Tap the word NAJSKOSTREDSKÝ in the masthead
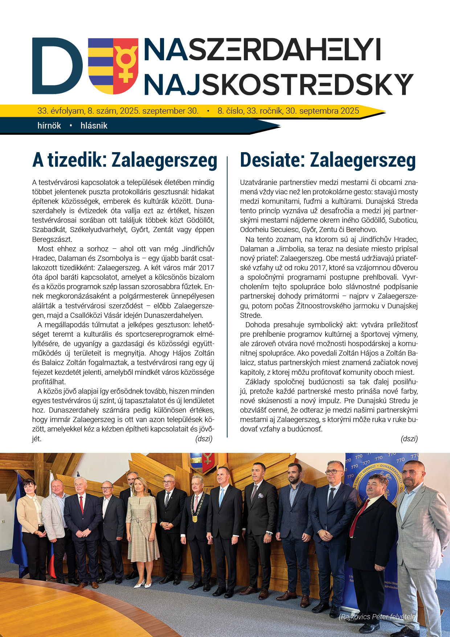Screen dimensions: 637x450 [278, 85]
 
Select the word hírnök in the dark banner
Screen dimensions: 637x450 [49, 126]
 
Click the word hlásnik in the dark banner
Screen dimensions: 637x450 [94, 126]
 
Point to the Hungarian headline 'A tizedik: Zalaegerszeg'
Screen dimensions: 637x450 [124, 160]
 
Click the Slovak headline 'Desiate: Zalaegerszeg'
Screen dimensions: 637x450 [328, 160]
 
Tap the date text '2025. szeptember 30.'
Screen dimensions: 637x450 [159, 111]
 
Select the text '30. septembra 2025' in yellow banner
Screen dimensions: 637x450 [322, 111]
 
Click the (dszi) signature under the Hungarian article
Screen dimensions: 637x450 [204, 439]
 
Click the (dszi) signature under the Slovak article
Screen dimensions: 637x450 [409, 439]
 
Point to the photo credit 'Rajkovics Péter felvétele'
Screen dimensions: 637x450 [378, 617]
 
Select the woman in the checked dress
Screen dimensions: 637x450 [142, 523]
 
